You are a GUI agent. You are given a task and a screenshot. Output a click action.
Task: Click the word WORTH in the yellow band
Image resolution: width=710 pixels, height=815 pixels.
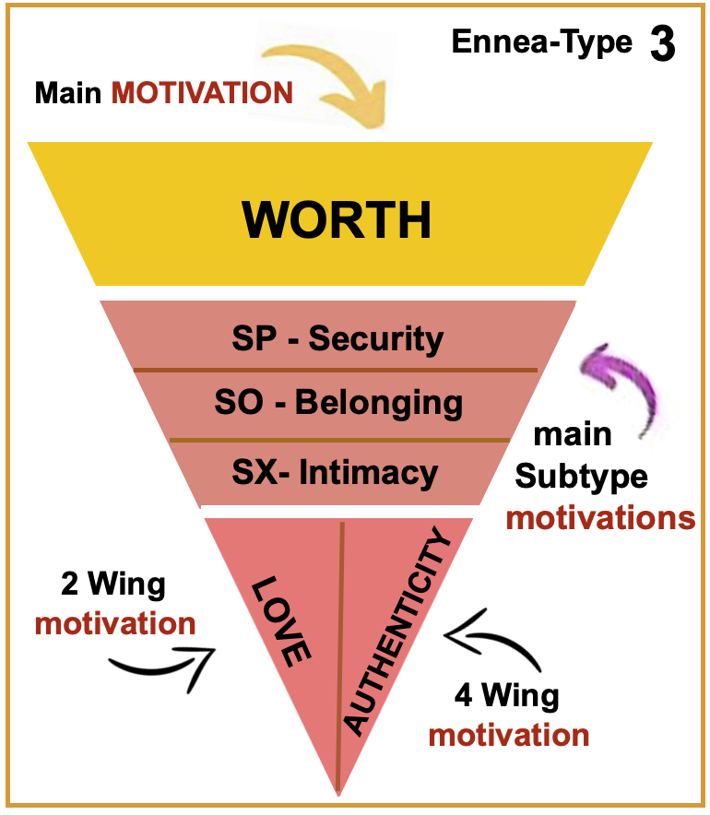click(337, 219)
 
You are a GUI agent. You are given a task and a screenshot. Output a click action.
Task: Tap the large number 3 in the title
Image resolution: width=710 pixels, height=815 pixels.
click(662, 45)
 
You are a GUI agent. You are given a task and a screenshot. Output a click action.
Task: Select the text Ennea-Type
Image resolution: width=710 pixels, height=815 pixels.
click(542, 42)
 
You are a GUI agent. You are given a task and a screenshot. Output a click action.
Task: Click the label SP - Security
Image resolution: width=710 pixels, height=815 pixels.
click(337, 339)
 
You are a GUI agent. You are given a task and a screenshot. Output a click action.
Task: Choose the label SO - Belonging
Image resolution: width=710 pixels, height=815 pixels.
click(337, 403)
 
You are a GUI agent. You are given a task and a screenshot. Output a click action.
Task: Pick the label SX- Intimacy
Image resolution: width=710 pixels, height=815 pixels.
click(335, 473)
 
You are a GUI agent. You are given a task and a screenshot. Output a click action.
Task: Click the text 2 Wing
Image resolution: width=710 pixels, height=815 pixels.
click(112, 585)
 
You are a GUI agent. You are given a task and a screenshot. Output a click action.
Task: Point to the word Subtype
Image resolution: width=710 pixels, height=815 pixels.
click(581, 477)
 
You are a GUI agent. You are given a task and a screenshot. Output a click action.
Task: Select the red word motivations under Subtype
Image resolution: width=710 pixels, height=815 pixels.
click(600, 518)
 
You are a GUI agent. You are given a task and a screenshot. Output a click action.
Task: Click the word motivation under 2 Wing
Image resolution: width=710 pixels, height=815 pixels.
click(115, 623)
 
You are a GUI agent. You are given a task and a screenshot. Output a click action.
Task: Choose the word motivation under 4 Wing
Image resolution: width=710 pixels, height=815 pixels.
click(509, 735)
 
